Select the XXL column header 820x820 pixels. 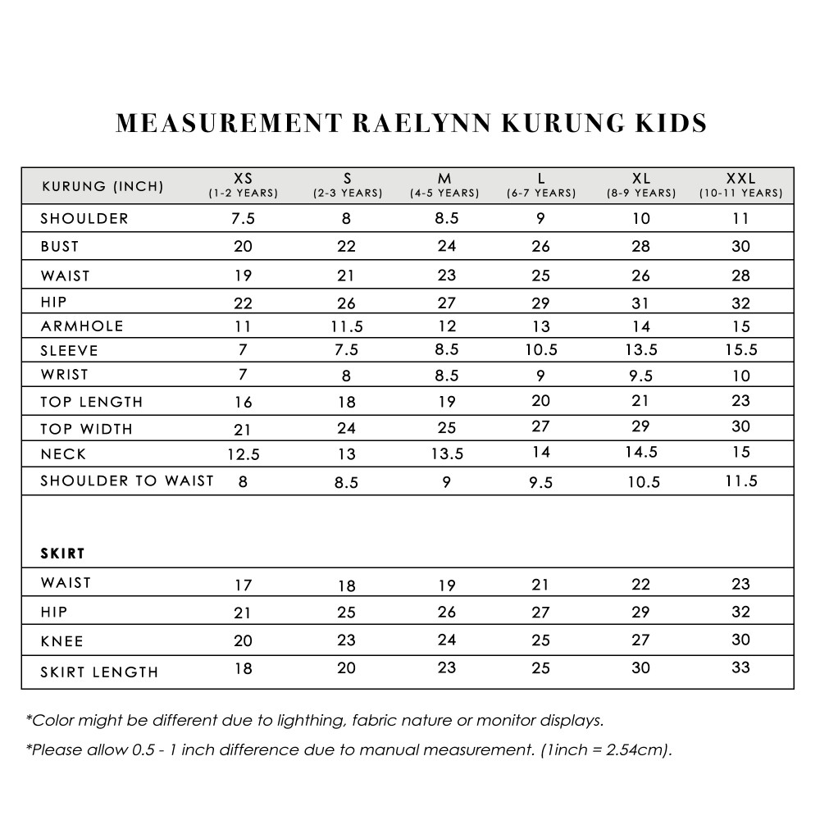coord(740,178)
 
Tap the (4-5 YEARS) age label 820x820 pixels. coord(444,194)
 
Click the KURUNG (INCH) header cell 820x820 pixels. coord(102,186)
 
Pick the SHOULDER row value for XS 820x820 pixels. coord(243,219)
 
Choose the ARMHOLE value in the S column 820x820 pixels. coord(347,326)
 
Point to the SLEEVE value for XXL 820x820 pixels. coord(740,350)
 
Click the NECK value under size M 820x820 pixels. coord(445,454)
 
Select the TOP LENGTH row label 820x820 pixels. coord(92,402)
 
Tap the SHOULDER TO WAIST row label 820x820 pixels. coord(127,481)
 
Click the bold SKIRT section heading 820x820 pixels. coord(63,553)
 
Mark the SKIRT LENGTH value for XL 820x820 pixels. coord(641,667)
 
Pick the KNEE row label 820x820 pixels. coord(61,640)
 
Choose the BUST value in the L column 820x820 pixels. coord(541,247)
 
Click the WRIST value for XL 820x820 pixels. coord(641,376)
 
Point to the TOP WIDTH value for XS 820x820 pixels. coord(243,429)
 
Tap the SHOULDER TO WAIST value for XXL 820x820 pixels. coord(740,481)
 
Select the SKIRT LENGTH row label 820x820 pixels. coord(99,672)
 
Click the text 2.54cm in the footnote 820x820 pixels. coord(635,750)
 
